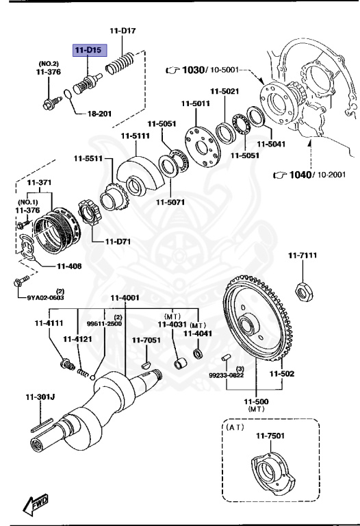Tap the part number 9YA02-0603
pos(45,297)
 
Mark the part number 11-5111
pos(135,136)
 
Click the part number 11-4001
pos(125,297)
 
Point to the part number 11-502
pos(281,373)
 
